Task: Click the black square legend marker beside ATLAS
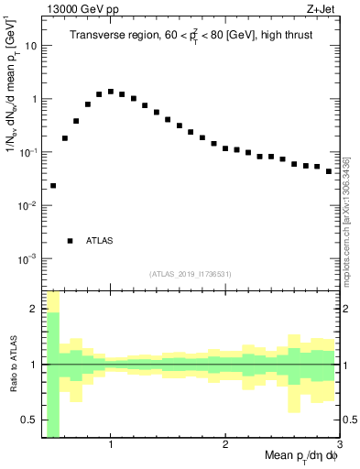click(x=70, y=241)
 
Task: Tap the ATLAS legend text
click(x=99, y=241)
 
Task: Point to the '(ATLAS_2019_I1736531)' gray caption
click(x=190, y=274)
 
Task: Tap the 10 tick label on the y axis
click(x=30, y=46)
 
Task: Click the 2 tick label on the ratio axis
click(x=33, y=309)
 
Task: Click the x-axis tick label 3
click(x=340, y=444)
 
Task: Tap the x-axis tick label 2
click(x=225, y=444)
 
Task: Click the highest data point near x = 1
click(x=111, y=92)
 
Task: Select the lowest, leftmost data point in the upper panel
click(x=53, y=185)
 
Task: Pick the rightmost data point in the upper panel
click(x=329, y=171)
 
